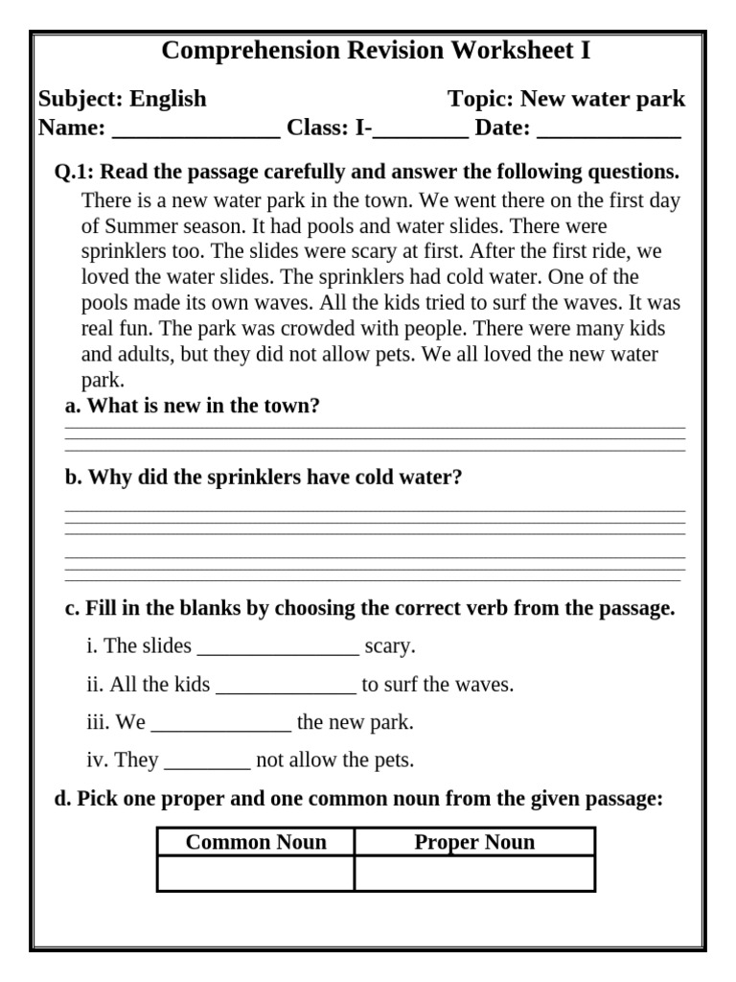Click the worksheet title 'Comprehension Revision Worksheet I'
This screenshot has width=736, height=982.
[376, 51]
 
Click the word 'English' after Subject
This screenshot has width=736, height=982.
[168, 100]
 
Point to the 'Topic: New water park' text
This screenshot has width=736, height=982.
[566, 100]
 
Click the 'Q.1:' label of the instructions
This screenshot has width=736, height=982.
[74, 173]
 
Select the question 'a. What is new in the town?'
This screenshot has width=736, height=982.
[192, 406]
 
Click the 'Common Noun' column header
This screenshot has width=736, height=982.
[256, 843]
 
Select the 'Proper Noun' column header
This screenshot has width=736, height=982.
[474, 843]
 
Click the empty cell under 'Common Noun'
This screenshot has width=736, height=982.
[256, 874]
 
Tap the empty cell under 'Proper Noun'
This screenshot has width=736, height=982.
[474, 874]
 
